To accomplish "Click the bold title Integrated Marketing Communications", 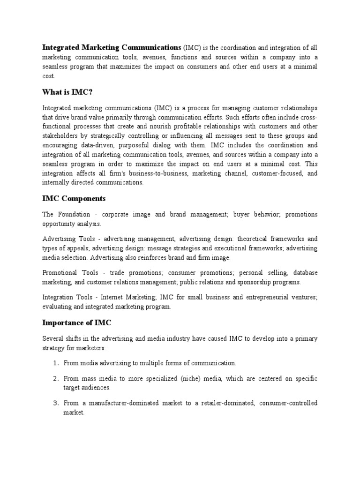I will (112, 47).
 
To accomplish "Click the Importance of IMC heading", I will (77, 323).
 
